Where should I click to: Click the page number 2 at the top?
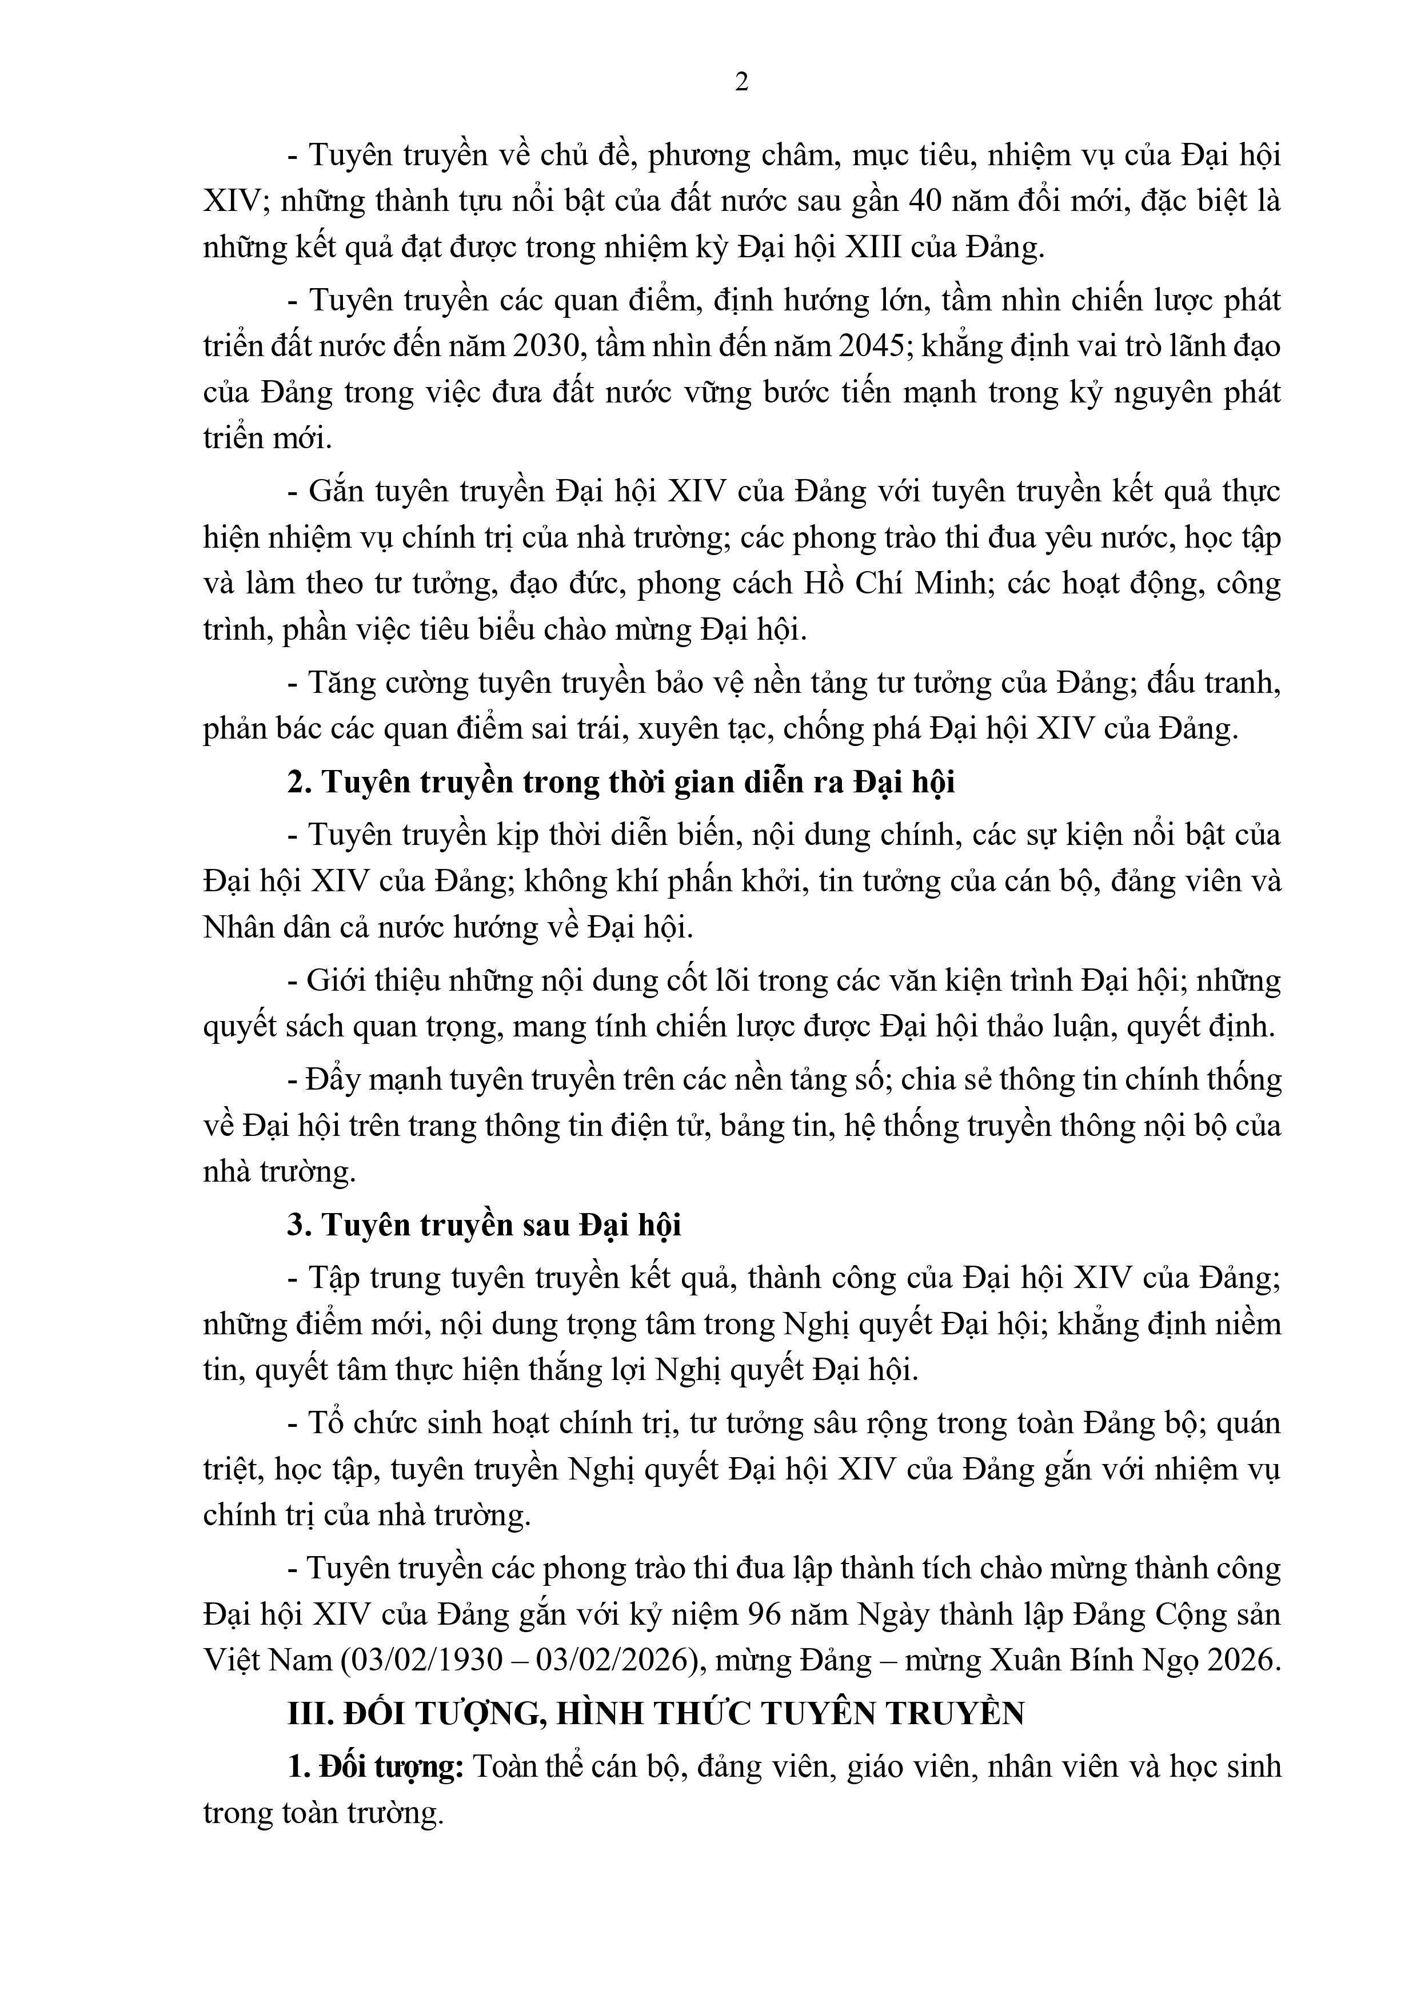click(742, 82)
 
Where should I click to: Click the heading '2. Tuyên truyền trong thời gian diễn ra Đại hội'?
click(621, 781)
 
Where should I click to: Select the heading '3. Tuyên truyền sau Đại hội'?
click(484, 1225)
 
